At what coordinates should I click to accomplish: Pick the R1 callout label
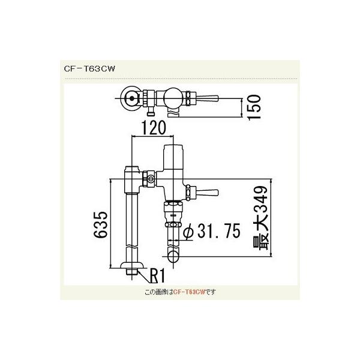tap(157, 275)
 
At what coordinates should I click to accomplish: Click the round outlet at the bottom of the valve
tap(175, 257)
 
